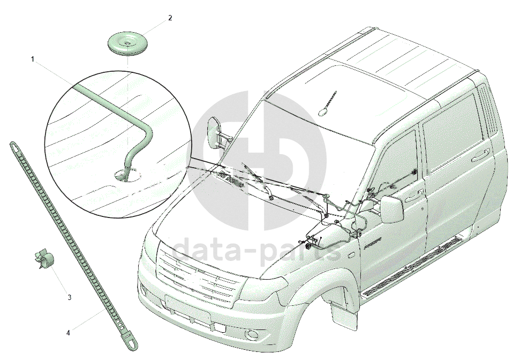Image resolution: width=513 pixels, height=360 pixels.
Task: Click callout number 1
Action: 33,59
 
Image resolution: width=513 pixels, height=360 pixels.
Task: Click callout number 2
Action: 170,18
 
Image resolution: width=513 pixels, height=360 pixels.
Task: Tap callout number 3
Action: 69,297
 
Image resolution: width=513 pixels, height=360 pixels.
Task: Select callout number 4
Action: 68,333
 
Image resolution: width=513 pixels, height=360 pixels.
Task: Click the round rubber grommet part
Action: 128,43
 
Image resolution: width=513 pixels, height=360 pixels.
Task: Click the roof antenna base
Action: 323,111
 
